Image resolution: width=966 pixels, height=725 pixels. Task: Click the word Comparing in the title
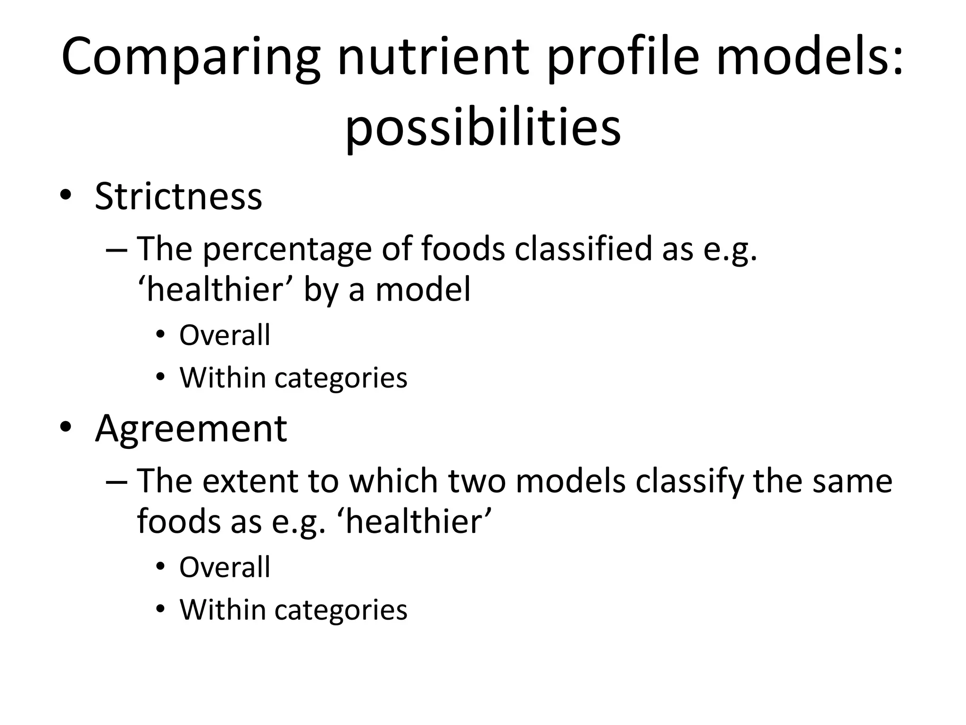(191, 58)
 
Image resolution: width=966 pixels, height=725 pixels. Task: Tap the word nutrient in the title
(433, 58)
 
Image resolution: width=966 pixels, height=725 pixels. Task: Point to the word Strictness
(178, 196)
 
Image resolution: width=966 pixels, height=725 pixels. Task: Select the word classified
(583, 248)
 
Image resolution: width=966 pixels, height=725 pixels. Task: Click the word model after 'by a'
(423, 289)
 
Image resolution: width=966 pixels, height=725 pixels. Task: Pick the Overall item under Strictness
(225, 335)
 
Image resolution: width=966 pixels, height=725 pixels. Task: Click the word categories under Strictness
(341, 378)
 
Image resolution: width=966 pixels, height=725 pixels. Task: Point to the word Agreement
(191, 429)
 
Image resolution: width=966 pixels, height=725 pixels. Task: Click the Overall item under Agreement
(225, 567)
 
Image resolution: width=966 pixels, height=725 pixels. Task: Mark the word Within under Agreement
(223, 609)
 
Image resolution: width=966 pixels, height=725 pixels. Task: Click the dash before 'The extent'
(117, 481)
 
